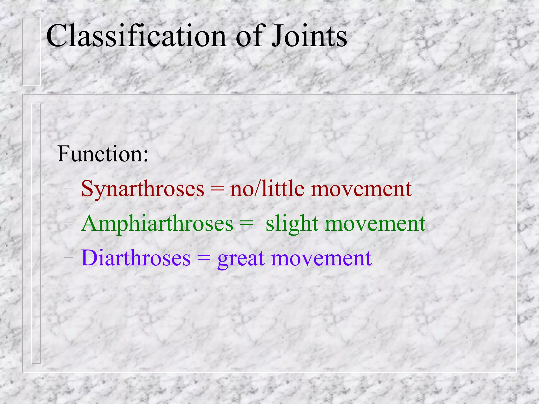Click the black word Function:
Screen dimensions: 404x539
(x=103, y=154)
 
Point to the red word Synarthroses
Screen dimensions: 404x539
(x=143, y=189)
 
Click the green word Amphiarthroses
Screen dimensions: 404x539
(x=157, y=224)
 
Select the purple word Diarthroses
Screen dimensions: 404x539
(x=136, y=258)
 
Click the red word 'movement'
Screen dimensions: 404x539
(x=361, y=189)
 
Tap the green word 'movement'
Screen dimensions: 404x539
(x=375, y=224)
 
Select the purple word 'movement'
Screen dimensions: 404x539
(x=321, y=259)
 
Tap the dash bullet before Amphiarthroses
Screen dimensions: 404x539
(x=68, y=223)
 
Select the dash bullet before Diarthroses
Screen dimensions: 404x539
(x=68, y=257)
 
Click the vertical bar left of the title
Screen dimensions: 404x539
(x=31, y=52)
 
